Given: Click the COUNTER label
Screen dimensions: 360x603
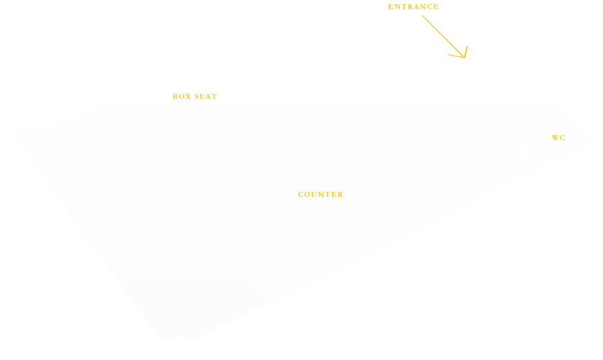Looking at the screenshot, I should (320, 195).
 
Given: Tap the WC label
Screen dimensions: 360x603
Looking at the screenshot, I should (558, 138).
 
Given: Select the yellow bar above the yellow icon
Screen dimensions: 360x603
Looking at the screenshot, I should (413, 7).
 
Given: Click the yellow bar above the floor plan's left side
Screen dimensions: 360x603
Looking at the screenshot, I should (194, 97).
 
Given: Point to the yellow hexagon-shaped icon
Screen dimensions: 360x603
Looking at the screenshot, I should (445, 36).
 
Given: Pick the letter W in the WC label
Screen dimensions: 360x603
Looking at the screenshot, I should (555, 138).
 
